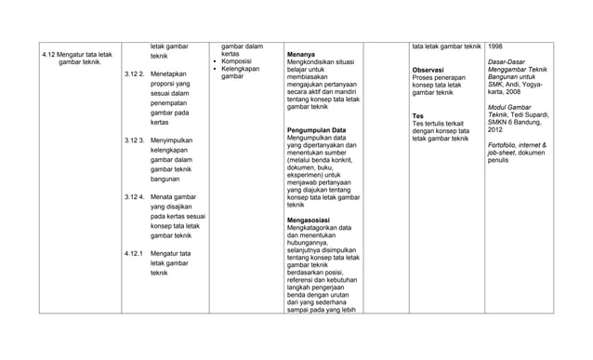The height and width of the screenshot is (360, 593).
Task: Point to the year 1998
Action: pyautogui.click(x=496, y=46)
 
